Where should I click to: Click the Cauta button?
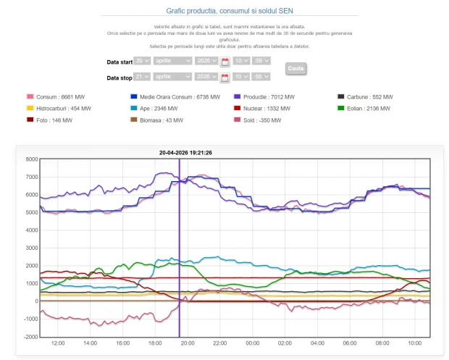(295, 68)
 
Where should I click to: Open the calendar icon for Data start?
(224, 62)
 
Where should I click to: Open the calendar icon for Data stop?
(224, 78)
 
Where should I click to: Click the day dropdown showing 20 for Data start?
(142, 62)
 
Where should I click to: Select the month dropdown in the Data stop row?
(173, 77)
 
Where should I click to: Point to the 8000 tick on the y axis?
(30, 159)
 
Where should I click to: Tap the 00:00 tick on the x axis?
(251, 343)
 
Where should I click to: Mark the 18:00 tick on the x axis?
(154, 343)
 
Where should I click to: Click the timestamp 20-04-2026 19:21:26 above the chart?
(185, 152)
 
